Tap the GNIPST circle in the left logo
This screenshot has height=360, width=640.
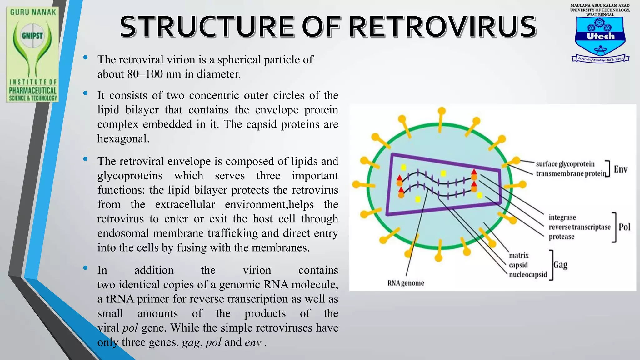point(32,36)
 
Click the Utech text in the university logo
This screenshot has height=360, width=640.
point(600,36)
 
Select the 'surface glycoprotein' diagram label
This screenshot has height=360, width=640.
point(565,164)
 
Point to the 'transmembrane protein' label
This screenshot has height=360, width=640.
point(571,173)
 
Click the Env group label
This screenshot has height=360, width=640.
point(620,169)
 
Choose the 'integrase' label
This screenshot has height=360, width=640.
point(562,217)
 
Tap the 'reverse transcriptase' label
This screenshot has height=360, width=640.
point(579,227)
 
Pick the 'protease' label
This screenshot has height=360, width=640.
point(561,237)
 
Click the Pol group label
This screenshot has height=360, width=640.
point(624,227)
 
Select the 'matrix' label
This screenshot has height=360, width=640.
point(519,256)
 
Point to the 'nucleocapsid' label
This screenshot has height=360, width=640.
point(528,275)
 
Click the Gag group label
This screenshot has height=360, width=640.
point(560,265)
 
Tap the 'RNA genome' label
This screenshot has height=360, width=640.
point(406,283)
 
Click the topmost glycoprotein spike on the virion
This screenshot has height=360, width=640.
point(441,111)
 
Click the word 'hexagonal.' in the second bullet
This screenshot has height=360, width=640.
point(123,139)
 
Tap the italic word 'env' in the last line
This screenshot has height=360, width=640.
point(253,342)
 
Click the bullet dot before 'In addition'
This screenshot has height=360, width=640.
point(85,268)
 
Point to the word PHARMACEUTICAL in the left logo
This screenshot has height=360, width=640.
point(32,91)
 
